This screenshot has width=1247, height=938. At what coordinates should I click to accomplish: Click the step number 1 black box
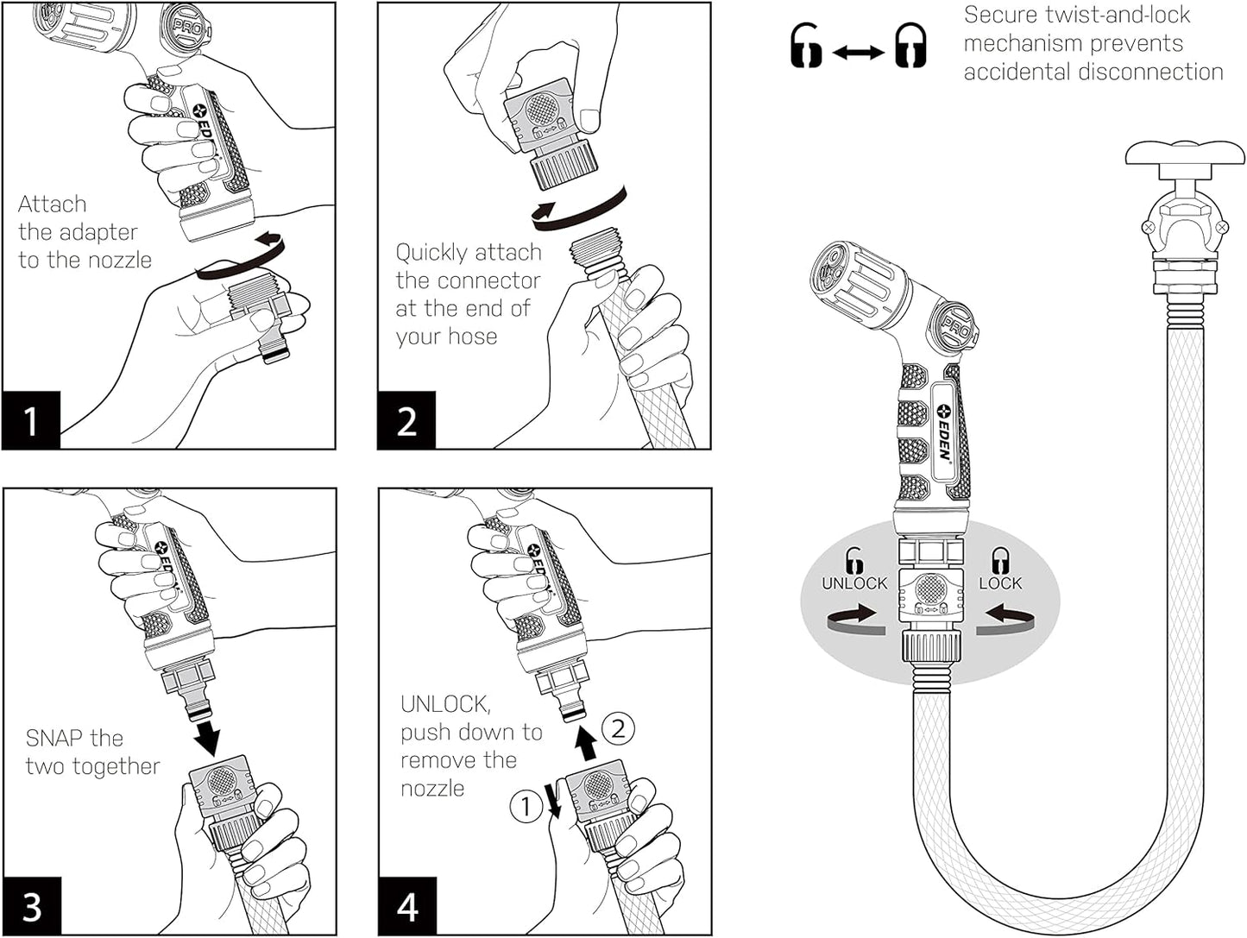tap(31, 420)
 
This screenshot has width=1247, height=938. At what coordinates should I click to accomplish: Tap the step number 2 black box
tap(406, 420)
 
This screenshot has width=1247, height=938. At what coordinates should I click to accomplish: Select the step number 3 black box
tap(32, 906)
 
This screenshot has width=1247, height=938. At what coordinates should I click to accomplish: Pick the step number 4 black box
tap(407, 906)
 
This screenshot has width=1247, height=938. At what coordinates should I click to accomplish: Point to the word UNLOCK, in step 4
tap(445, 704)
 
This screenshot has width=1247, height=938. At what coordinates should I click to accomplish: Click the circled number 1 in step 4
tap(525, 807)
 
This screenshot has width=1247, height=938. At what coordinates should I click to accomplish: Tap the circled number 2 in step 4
tap(618, 729)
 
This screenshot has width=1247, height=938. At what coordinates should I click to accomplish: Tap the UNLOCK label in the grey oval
tap(854, 583)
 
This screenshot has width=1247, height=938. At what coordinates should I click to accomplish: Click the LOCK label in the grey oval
tap(1000, 583)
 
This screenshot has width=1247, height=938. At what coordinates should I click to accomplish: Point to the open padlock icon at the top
tap(806, 46)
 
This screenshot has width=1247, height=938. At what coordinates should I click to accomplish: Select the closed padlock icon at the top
tap(910, 46)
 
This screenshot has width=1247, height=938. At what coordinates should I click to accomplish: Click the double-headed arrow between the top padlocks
tap(858, 53)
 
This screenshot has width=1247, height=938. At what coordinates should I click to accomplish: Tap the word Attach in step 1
tap(53, 205)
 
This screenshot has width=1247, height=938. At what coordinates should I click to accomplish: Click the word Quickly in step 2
tap(431, 254)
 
